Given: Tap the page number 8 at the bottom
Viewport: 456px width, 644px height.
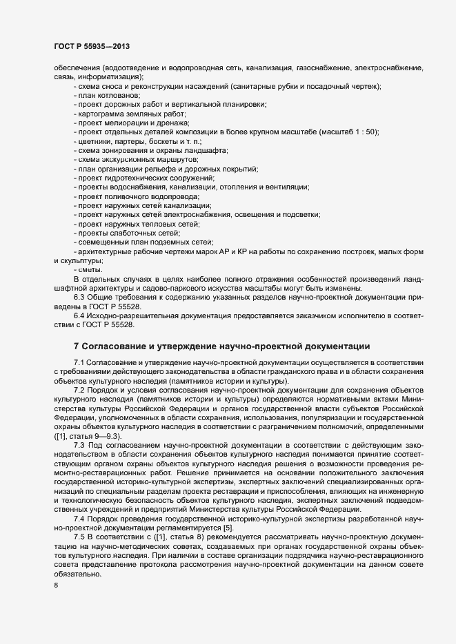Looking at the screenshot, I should (56, 586).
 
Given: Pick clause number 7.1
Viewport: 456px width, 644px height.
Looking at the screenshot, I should (79, 362).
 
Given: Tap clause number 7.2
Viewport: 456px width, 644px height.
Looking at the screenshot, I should (79, 391).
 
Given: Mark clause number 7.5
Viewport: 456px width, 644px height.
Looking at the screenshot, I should (79, 536).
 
